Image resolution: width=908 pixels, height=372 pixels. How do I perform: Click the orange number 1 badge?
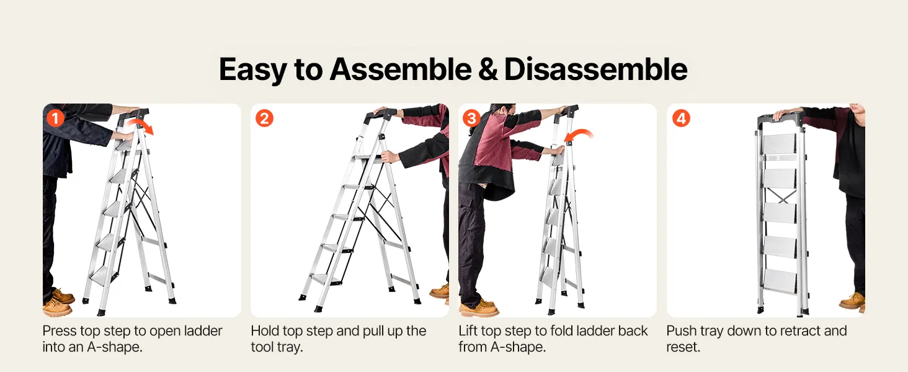pyautogui.click(x=55, y=118)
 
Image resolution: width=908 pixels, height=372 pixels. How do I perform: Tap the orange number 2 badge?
pyautogui.click(x=264, y=118)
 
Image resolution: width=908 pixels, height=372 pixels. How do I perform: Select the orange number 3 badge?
pyautogui.click(x=471, y=118)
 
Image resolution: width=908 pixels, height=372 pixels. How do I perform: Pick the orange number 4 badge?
pyautogui.click(x=681, y=118)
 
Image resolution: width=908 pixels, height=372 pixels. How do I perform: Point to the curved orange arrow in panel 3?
pyautogui.click(x=581, y=131)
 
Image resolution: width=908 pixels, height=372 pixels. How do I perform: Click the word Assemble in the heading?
pyautogui.click(x=401, y=69)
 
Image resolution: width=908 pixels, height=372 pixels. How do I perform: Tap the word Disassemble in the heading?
pyautogui.click(x=595, y=69)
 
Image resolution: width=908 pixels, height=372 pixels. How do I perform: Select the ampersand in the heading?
pyautogui.click(x=487, y=69)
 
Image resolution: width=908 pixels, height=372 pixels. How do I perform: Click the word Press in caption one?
pyautogui.click(x=59, y=330)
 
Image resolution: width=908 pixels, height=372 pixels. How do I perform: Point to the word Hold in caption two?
pyautogui.click(x=264, y=330)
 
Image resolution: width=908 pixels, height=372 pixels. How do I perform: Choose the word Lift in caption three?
pyautogui.click(x=468, y=330)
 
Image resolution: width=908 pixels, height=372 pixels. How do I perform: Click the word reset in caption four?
pyautogui.click(x=683, y=347)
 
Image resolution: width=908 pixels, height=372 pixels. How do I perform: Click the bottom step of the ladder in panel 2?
pyautogui.click(x=325, y=279)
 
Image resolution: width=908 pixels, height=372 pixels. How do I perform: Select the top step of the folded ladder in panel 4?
pyautogui.click(x=779, y=144)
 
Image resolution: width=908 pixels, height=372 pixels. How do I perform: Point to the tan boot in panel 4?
pyautogui.click(x=852, y=301)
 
